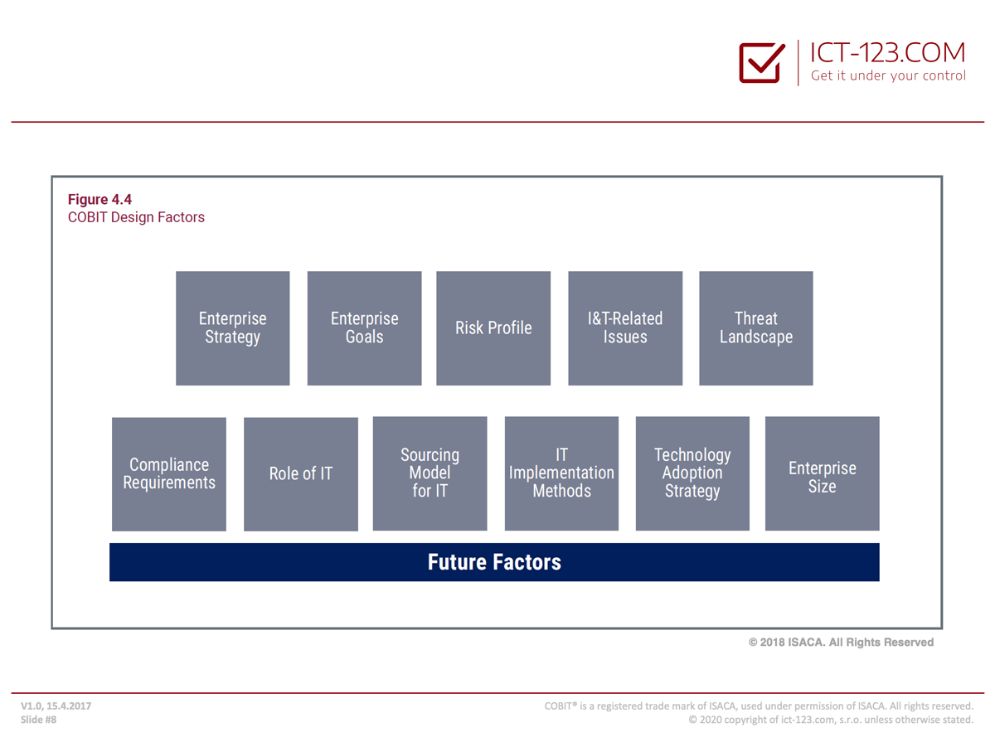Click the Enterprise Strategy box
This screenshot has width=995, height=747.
(x=232, y=328)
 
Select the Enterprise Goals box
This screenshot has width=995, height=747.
(x=364, y=328)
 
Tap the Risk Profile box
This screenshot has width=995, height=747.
(x=493, y=328)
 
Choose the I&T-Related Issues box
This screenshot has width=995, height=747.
(x=625, y=328)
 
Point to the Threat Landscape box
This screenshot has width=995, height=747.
(x=755, y=328)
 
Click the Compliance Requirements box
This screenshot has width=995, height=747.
(x=169, y=473)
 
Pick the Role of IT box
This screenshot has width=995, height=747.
(x=300, y=473)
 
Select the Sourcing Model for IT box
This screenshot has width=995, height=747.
(x=430, y=473)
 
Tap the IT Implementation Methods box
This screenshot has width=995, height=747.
(x=561, y=473)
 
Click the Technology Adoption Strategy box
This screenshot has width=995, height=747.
(x=692, y=473)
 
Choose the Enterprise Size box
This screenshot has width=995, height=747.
(x=822, y=473)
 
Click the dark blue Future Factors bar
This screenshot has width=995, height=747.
(x=494, y=561)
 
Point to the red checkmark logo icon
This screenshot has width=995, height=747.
(x=761, y=62)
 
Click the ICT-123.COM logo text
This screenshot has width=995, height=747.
(x=887, y=52)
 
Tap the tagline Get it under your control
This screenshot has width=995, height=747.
(x=888, y=75)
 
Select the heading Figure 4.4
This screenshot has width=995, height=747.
(x=99, y=199)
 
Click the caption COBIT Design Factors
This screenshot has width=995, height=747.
(x=136, y=217)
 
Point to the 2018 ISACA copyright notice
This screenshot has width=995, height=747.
(x=841, y=642)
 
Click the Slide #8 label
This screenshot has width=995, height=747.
(x=38, y=720)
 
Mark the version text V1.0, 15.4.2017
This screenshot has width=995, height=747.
(x=56, y=706)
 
